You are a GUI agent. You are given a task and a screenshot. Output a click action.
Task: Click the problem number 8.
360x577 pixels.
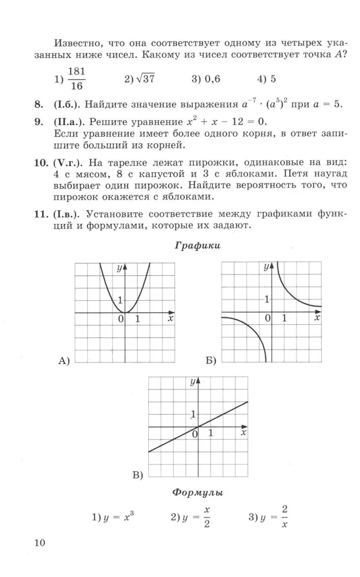39,104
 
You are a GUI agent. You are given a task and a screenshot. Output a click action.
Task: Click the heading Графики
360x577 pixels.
197,245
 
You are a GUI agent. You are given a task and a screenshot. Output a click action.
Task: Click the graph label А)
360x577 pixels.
64,361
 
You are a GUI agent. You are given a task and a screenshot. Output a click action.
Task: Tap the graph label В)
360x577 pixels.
137,475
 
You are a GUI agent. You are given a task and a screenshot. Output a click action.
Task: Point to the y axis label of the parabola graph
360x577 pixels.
119,268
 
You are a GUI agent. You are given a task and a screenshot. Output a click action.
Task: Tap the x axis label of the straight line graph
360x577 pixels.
243,432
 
